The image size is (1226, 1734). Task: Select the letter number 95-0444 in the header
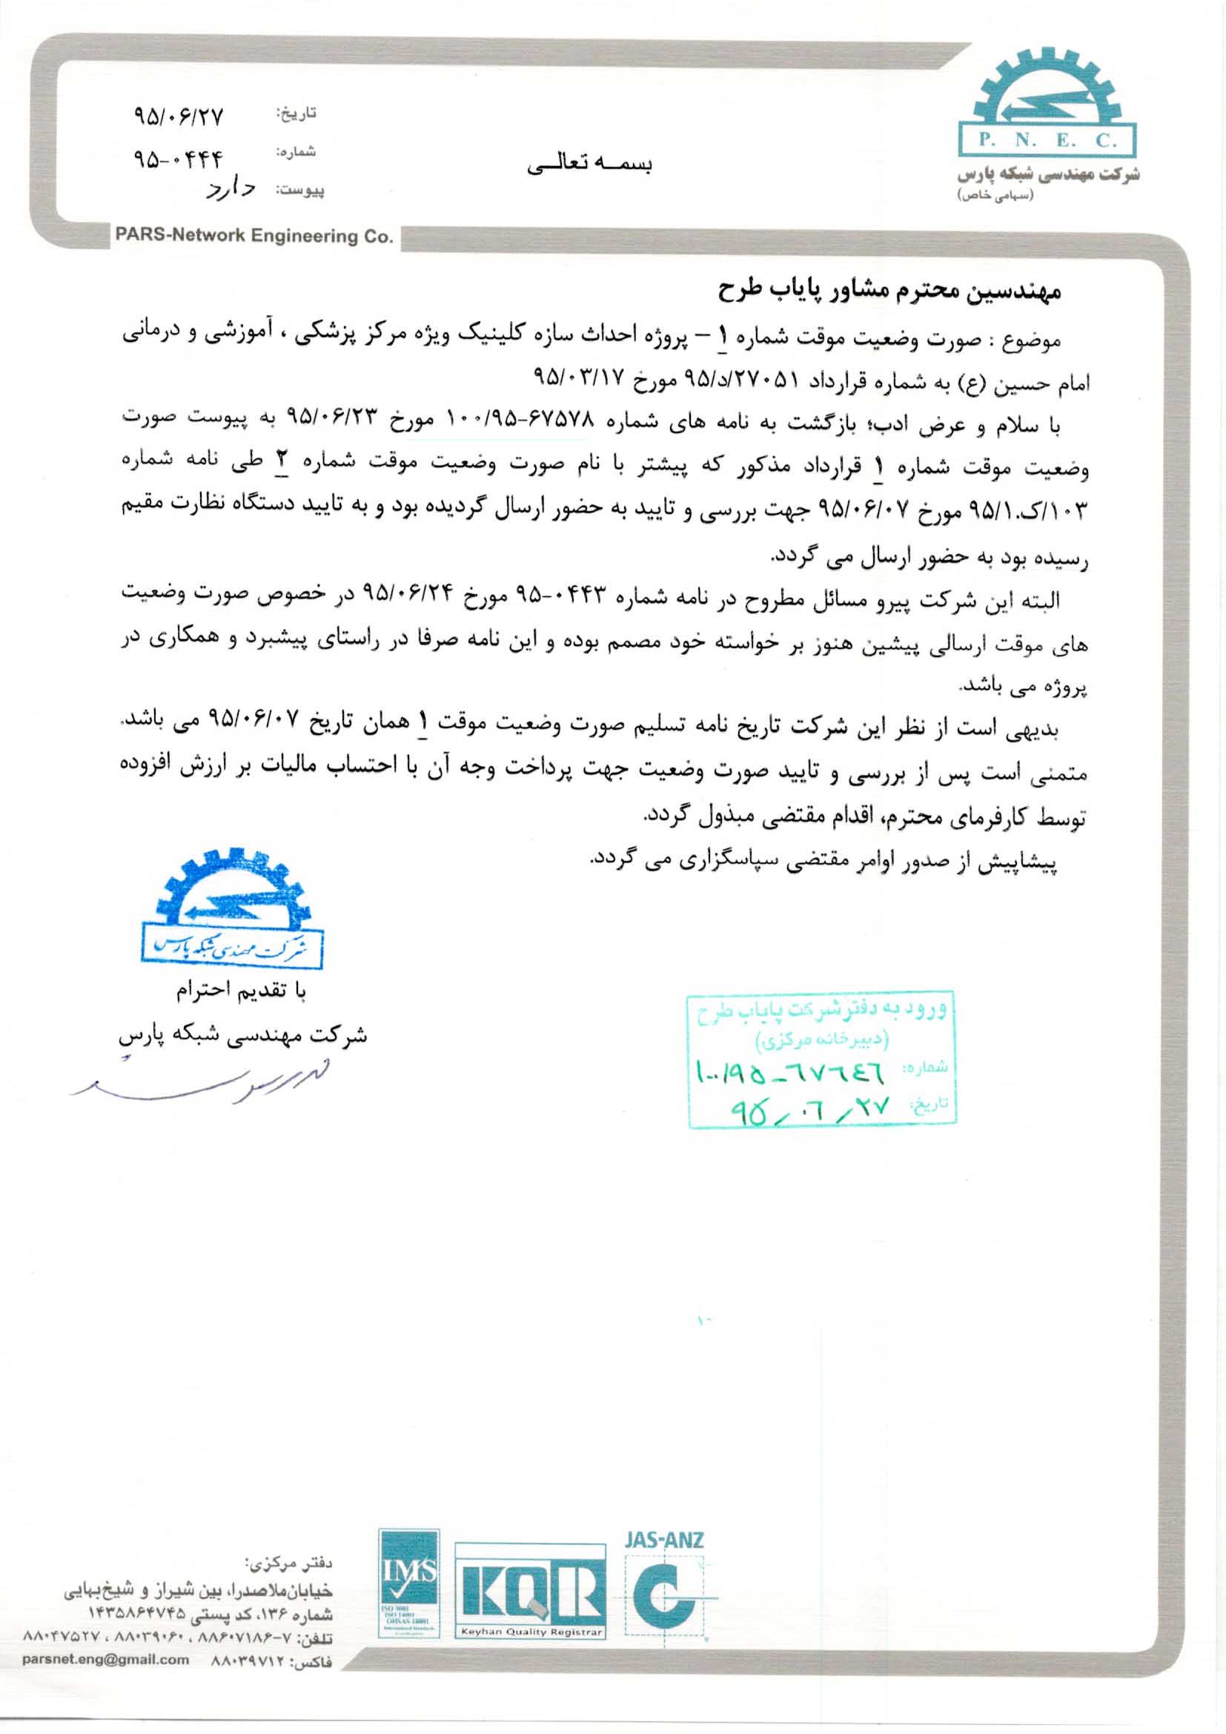coord(179,159)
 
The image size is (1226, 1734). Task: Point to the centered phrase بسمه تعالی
coord(589,165)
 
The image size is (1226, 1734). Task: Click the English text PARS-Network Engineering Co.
coord(254,237)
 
